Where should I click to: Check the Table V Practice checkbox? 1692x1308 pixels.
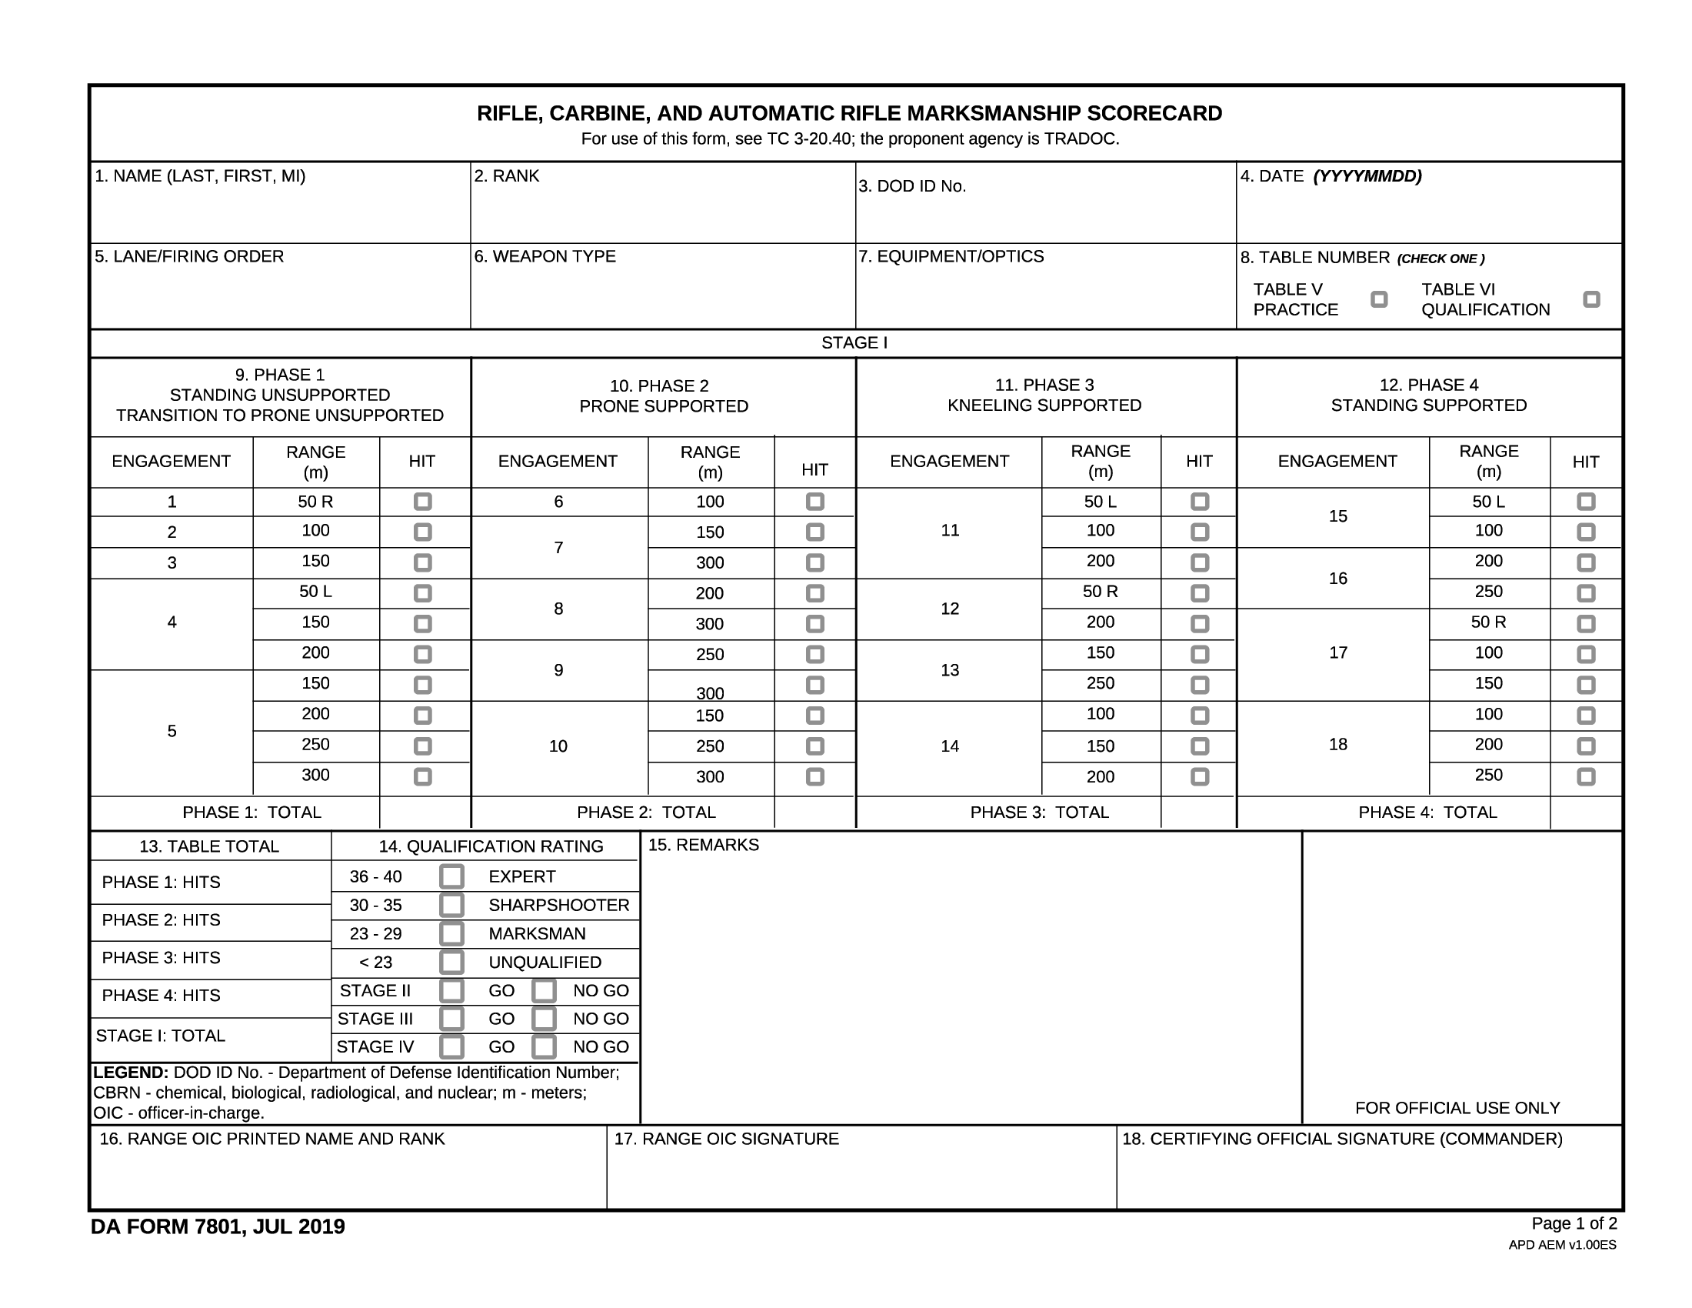tap(1379, 299)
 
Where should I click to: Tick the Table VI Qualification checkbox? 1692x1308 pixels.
tap(1591, 299)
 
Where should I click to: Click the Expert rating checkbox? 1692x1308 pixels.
tap(451, 876)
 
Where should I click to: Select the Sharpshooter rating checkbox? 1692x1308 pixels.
tap(451, 905)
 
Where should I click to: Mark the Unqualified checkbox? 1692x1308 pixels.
tap(451, 963)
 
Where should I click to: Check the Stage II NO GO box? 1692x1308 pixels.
tap(544, 991)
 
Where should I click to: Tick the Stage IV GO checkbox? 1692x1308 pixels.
tap(451, 1047)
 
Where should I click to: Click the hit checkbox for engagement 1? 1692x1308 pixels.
tap(422, 502)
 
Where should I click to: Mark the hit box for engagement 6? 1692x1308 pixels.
tap(815, 502)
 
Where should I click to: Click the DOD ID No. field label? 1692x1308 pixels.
tap(912, 187)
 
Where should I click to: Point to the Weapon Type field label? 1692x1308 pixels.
tap(545, 256)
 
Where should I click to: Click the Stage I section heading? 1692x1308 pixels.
tap(854, 343)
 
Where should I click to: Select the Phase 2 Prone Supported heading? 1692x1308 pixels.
tap(663, 396)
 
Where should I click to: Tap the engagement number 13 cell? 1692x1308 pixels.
tap(950, 670)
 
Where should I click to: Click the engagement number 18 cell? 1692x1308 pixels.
tap(1338, 745)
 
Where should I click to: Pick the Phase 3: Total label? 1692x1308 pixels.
tap(1039, 812)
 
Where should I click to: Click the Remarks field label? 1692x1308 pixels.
tap(704, 846)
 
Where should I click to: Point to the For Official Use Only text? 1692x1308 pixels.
tap(1457, 1108)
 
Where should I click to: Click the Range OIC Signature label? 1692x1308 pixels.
tap(726, 1139)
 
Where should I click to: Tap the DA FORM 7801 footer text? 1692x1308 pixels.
tap(218, 1227)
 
